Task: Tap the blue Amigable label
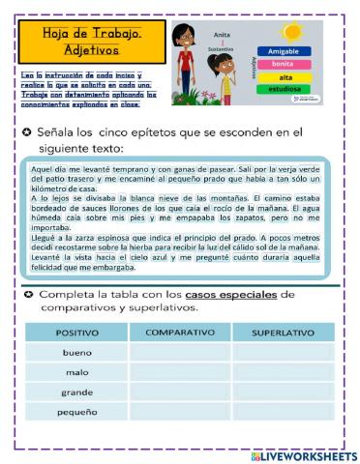[284, 51]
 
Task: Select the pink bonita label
[284, 64]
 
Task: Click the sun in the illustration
[289, 32]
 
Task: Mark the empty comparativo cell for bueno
[179, 353]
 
